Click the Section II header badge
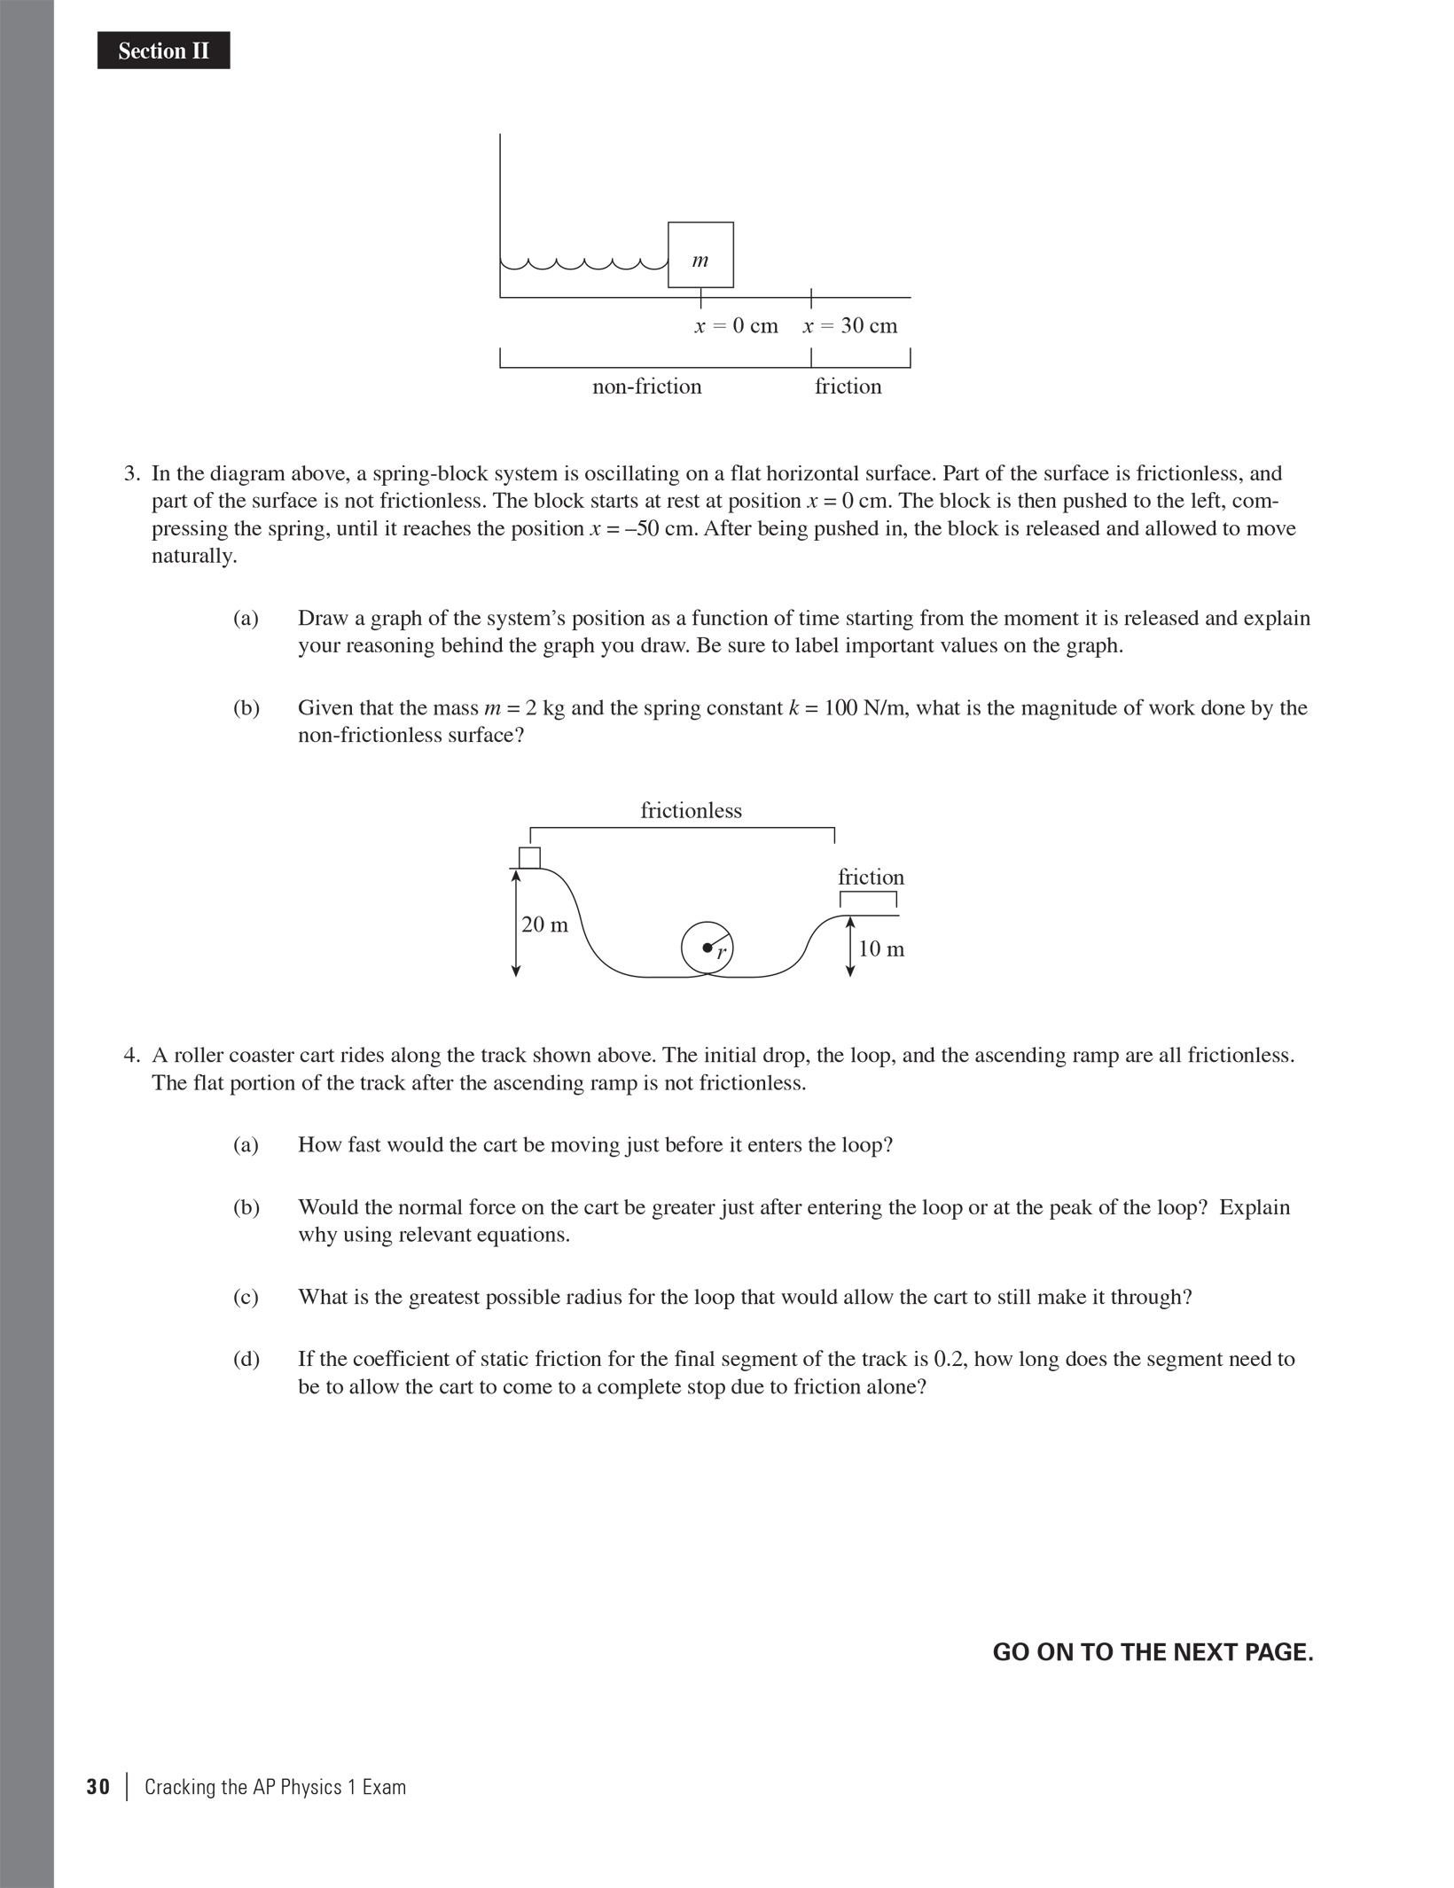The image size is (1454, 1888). [163, 51]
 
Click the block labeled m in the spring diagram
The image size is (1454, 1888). [700, 255]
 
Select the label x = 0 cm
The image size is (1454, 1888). [736, 326]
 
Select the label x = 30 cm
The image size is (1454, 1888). [849, 326]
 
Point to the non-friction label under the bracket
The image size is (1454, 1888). [646, 386]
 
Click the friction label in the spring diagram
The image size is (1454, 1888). [848, 386]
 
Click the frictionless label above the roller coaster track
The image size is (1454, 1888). [691, 810]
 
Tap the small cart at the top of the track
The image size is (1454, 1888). [529, 858]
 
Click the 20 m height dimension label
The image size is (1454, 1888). [544, 924]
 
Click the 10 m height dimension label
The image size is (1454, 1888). [881, 949]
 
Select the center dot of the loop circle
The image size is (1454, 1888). [707, 948]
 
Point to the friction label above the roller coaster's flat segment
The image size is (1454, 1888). [871, 877]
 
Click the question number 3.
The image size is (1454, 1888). [131, 473]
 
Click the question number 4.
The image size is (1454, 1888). [131, 1055]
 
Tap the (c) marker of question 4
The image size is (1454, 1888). [246, 1297]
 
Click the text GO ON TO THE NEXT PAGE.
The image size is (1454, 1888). [1153, 1652]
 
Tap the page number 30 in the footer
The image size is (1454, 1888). [98, 1786]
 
